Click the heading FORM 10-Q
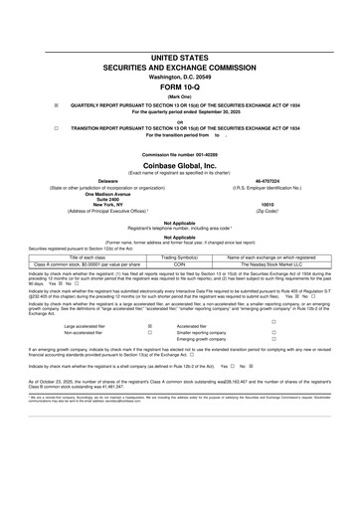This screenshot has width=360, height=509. (180, 58)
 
